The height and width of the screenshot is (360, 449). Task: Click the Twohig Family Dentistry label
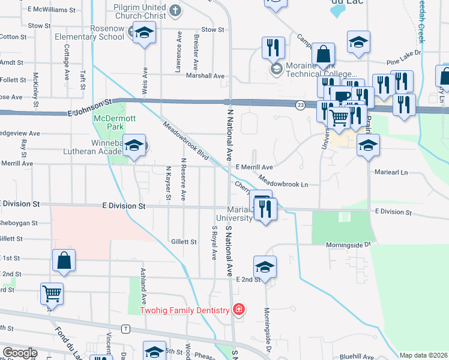tap(185, 310)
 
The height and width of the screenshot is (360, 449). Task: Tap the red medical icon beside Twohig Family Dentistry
tap(239, 310)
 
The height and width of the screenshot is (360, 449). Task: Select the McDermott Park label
tap(109, 122)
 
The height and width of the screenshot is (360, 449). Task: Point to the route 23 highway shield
tap(300, 105)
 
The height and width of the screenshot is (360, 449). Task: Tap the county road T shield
tap(125, 329)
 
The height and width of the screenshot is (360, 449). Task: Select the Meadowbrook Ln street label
tap(283, 181)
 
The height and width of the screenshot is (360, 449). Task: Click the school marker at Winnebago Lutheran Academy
tap(136, 145)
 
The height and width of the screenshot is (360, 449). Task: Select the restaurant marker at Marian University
tap(265, 209)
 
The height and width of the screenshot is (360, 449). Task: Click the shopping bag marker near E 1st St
tap(64, 261)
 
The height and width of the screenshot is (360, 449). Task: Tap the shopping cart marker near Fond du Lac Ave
tap(52, 295)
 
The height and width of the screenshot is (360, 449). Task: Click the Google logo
tap(19, 353)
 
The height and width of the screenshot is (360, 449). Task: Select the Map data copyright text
tap(423, 355)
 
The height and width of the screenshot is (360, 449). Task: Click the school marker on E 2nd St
tap(265, 268)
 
